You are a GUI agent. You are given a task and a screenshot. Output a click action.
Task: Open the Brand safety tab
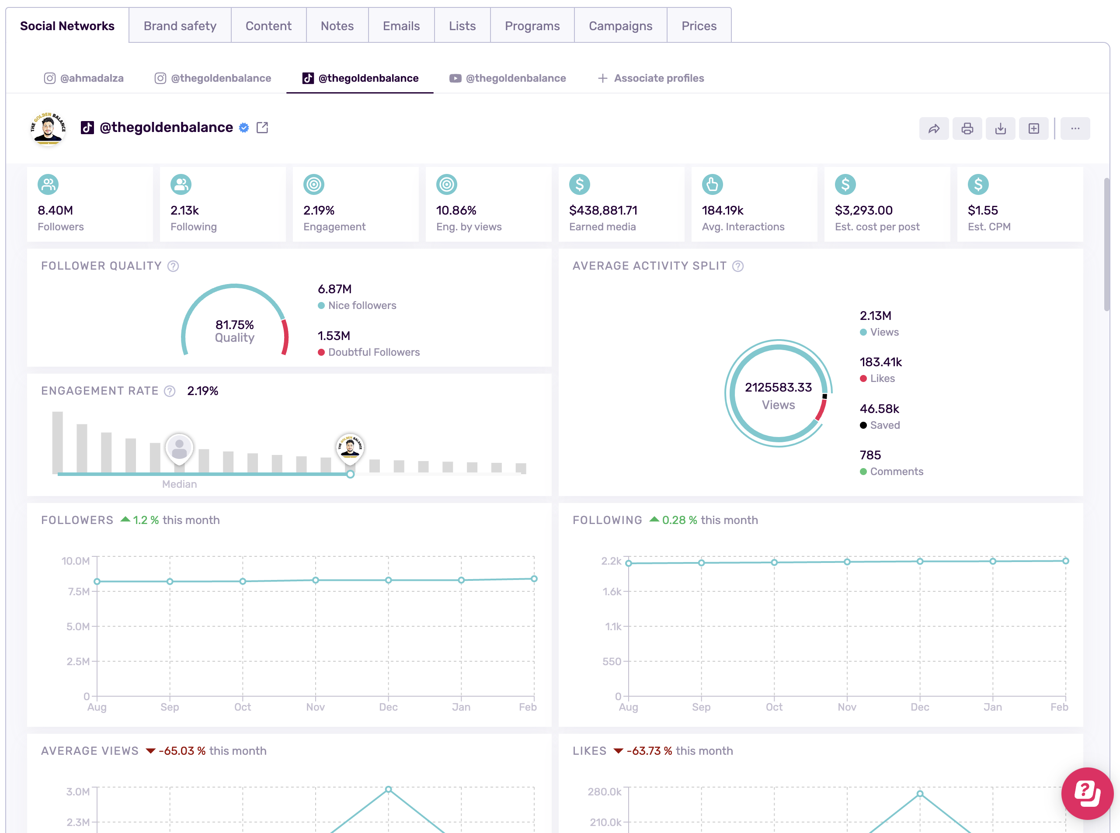point(180,26)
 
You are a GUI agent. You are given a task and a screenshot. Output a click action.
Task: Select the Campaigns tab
point(620,26)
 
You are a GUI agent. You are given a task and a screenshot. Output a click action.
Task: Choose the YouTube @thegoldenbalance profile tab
point(508,78)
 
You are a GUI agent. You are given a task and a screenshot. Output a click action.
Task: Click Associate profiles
point(651,78)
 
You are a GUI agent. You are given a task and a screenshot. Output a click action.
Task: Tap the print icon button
point(967,128)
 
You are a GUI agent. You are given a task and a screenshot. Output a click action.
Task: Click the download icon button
point(1000,128)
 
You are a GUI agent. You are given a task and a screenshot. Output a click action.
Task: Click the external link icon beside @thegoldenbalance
point(262,128)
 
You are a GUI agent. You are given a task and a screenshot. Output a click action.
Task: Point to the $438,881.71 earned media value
point(603,210)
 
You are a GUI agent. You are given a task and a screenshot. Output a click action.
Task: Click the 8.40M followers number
point(56,210)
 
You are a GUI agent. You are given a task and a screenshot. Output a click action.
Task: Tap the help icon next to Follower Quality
point(173,266)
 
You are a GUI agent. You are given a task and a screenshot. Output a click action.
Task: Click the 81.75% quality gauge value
point(234,325)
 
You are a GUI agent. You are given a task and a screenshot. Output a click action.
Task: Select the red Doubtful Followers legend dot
point(321,352)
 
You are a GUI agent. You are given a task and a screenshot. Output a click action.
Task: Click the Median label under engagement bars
point(180,484)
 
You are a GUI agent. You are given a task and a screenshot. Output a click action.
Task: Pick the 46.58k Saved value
point(879,409)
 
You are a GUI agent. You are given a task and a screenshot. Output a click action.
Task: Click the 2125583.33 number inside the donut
point(778,387)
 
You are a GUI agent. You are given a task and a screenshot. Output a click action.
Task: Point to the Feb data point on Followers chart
point(534,579)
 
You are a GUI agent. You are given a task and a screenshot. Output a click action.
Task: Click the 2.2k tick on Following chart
point(611,561)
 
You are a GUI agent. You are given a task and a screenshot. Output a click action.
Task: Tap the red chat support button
point(1087,793)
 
